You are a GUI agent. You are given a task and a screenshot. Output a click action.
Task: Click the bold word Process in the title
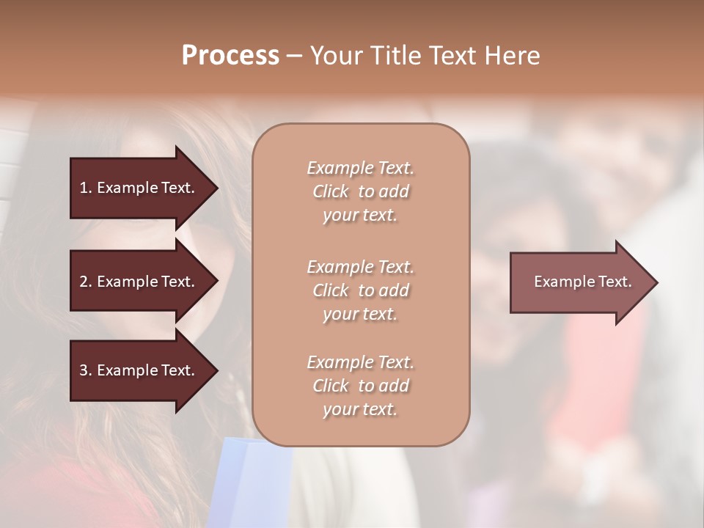(x=230, y=56)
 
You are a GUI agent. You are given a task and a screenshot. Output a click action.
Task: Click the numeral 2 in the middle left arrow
(x=84, y=282)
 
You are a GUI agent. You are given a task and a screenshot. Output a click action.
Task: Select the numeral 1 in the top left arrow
(x=84, y=188)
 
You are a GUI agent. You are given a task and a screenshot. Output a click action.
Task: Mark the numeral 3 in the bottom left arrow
(x=84, y=370)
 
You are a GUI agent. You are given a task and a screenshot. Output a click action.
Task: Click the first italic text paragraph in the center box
(x=360, y=191)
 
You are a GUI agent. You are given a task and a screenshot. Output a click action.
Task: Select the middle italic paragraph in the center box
(x=360, y=290)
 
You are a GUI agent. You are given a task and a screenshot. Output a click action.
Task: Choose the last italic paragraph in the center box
(x=360, y=386)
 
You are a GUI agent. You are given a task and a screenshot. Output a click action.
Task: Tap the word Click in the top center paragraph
(x=331, y=191)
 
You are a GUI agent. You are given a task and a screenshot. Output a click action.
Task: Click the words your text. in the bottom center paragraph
(x=360, y=409)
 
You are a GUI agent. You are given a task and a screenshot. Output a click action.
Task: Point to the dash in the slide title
(x=294, y=56)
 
